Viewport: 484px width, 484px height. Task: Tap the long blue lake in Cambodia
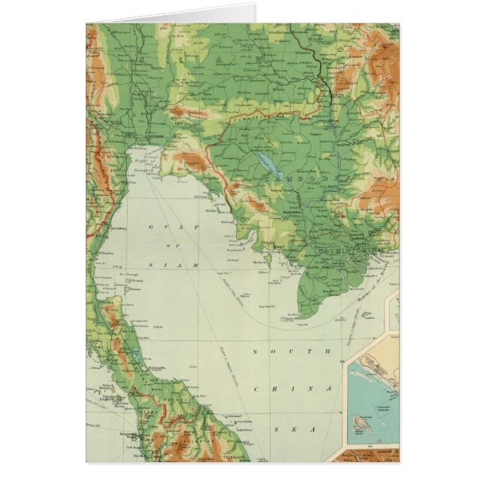(267, 165)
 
